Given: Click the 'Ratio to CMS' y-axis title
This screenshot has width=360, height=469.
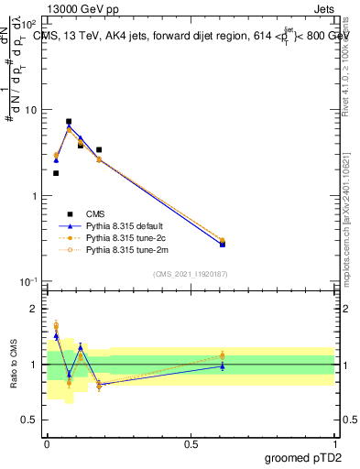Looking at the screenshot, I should point(13,364).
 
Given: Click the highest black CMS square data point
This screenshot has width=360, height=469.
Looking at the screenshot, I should point(69,121).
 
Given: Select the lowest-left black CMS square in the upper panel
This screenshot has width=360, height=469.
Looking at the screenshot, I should point(56,172).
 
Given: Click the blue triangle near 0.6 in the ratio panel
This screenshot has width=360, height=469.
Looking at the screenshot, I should point(223,366).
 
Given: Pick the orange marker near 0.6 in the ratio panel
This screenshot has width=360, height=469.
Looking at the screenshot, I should point(223,355).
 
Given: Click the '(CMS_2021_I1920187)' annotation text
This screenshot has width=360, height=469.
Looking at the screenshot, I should point(190,273).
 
